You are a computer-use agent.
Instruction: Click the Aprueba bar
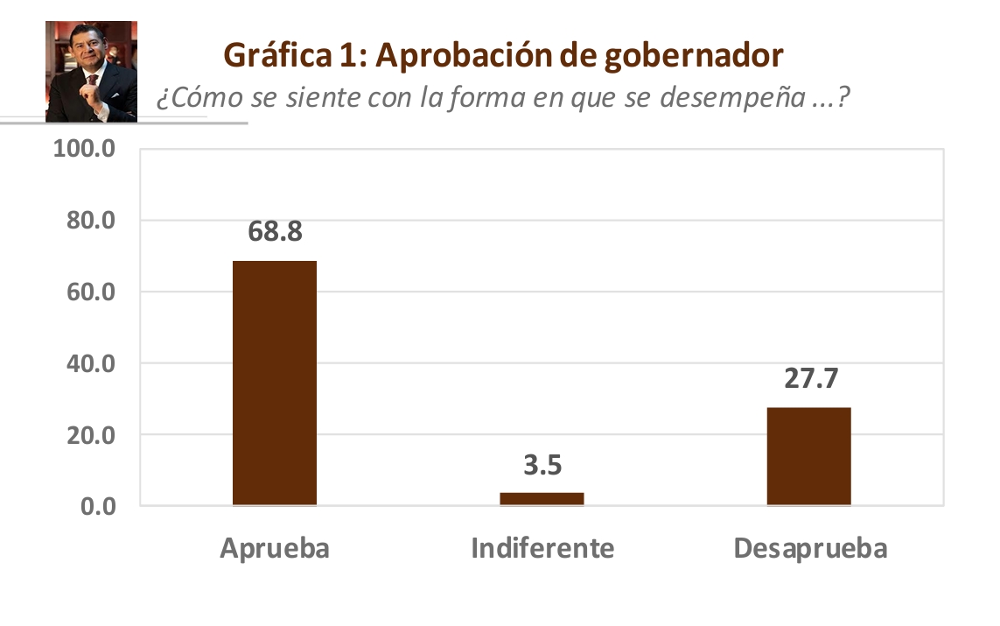pyautogui.click(x=275, y=383)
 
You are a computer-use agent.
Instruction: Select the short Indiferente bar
pyautogui.click(x=542, y=499)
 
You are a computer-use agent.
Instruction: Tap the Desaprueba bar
pyautogui.click(x=808, y=456)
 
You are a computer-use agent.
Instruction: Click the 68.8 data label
pyautogui.click(x=275, y=233)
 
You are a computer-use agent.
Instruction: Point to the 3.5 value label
pyautogui.click(x=542, y=465)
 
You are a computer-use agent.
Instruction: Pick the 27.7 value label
pyautogui.click(x=809, y=379)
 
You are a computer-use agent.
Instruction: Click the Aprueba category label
pyautogui.click(x=275, y=548)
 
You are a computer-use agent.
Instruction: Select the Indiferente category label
pyautogui.click(x=542, y=548)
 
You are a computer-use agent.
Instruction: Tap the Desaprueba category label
pyautogui.click(x=810, y=548)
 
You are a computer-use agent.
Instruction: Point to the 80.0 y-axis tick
pyautogui.click(x=91, y=220)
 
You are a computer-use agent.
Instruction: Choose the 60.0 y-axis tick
pyautogui.click(x=91, y=292)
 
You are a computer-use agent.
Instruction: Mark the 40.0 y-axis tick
pyautogui.click(x=91, y=363)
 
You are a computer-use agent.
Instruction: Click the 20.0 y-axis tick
pyautogui.click(x=91, y=435)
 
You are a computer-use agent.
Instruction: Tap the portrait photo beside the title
pyautogui.click(x=91, y=72)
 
